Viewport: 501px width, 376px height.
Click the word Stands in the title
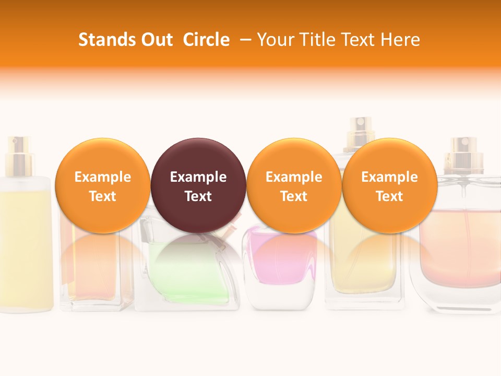(x=100, y=40)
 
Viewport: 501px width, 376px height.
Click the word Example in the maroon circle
(x=198, y=177)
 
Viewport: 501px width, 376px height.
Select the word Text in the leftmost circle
(x=103, y=196)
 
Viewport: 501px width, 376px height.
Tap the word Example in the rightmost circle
(x=390, y=177)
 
